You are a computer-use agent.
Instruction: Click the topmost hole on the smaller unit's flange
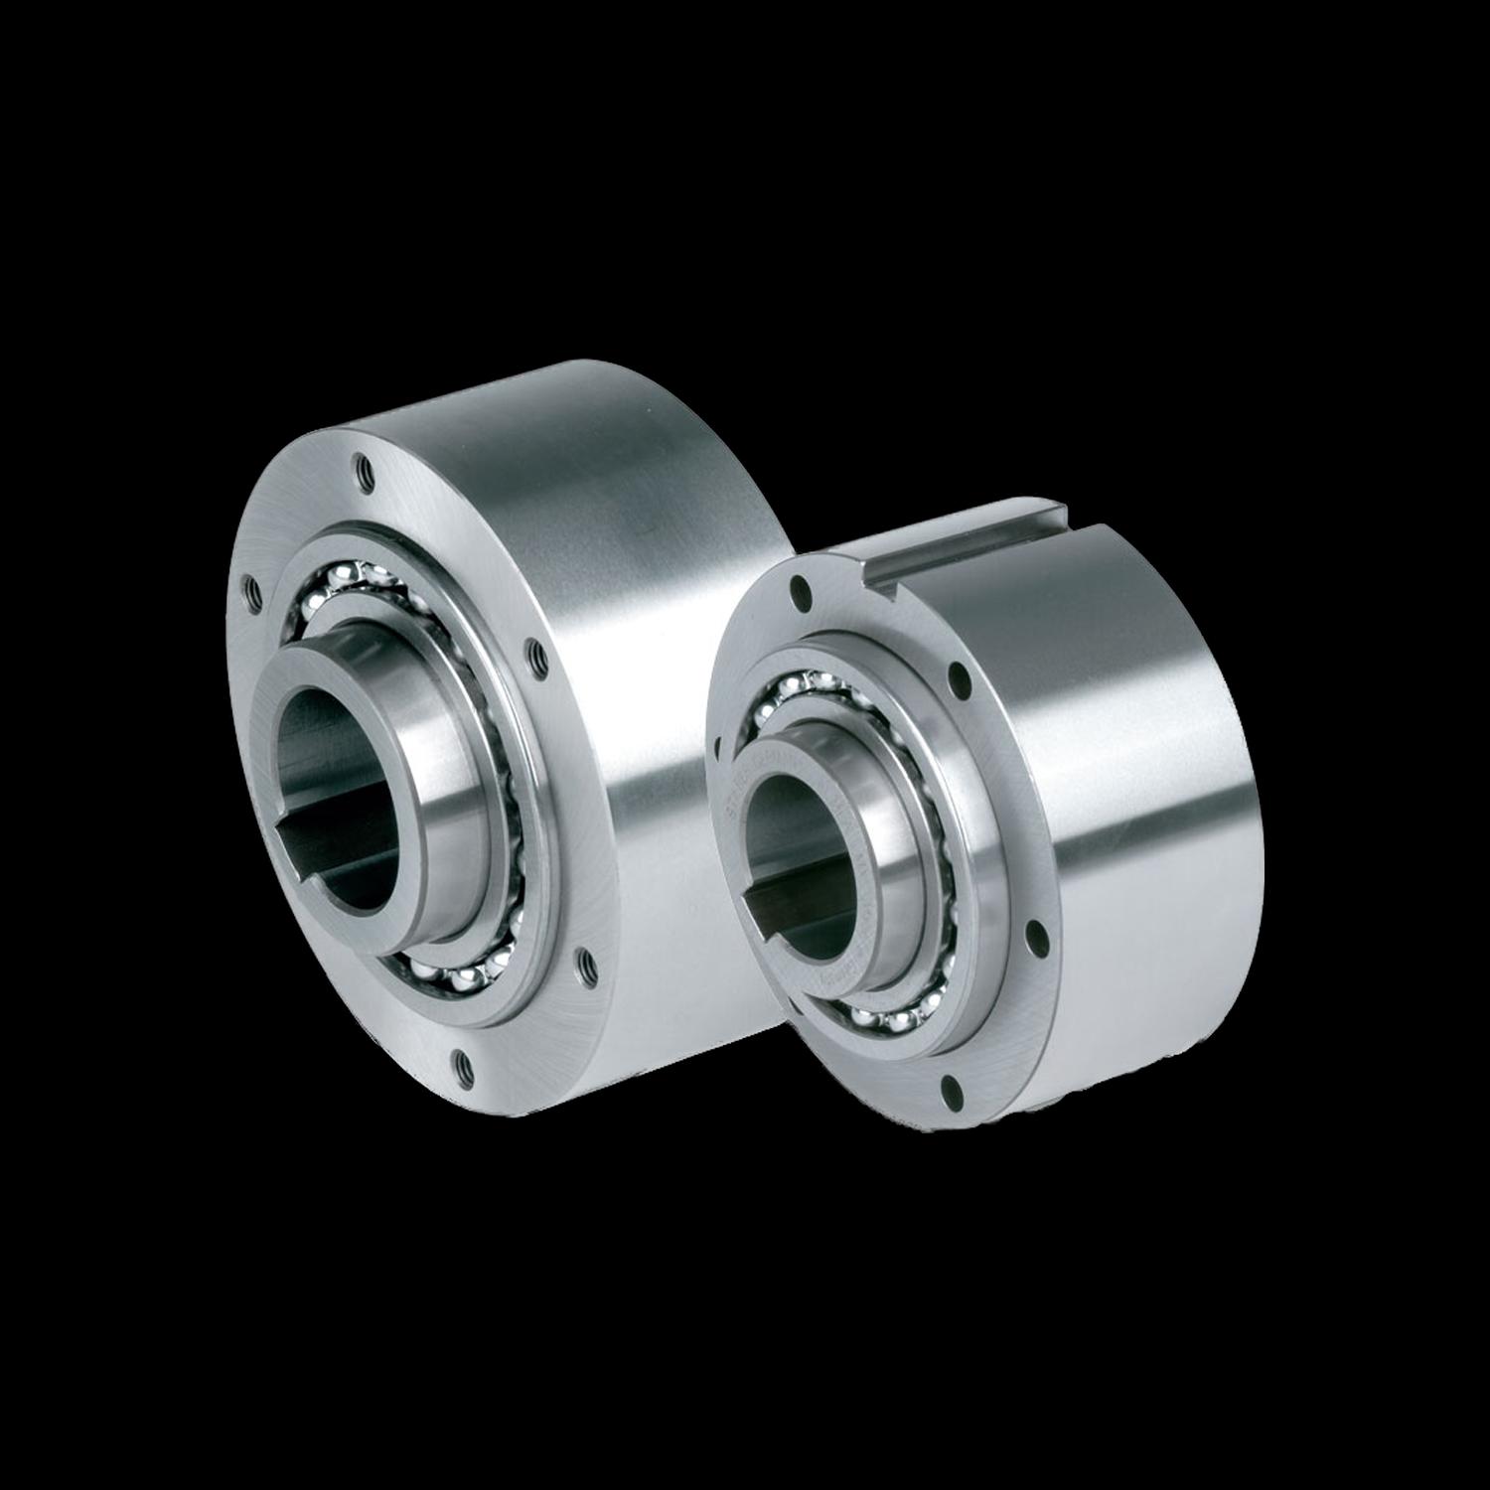799,594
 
